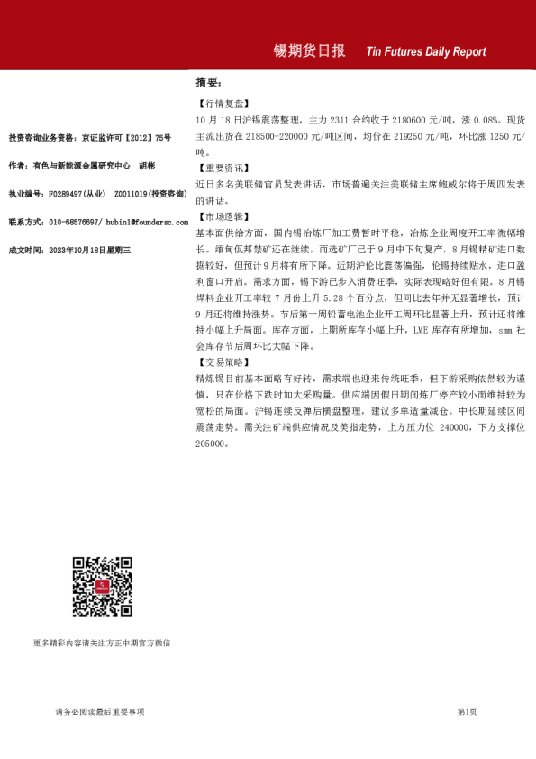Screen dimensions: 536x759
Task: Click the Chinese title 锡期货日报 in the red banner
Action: [x=309, y=51]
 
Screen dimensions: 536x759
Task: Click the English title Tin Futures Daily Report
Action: [x=426, y=52]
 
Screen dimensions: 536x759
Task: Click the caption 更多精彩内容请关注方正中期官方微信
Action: [x=102, y=643]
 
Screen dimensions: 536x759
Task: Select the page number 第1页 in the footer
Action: [x=467, y=712]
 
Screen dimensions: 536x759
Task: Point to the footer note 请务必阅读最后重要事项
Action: [x=100, y=712]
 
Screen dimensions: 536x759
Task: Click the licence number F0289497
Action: [x=66, y=194]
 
